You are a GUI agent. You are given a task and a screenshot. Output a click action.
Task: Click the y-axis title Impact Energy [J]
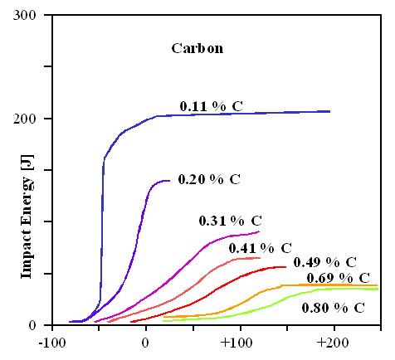coord(27,221)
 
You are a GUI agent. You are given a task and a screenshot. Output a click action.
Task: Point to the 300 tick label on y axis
coord(32,16)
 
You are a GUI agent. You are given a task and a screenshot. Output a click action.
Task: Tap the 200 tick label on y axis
coord(32,119)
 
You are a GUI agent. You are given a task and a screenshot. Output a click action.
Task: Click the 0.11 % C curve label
coord(217,105)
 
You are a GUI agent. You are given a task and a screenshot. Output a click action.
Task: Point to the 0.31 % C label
coord(230,221)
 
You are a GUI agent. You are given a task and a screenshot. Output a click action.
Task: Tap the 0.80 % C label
coord(333,307)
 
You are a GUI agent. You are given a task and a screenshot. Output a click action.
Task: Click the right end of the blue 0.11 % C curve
coord(329,111)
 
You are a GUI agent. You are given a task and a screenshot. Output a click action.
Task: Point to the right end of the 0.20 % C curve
coord(169,180)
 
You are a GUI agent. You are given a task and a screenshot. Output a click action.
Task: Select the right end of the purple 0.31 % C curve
coord(259,231)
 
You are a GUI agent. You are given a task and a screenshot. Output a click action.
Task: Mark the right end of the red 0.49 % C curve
coord(286,267)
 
